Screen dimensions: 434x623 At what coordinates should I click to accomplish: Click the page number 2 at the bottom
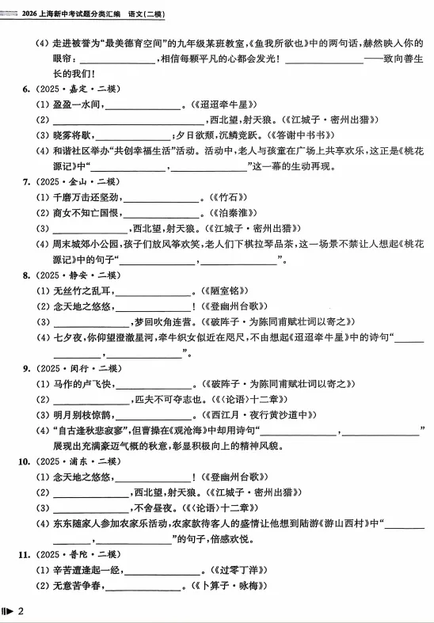22,610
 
